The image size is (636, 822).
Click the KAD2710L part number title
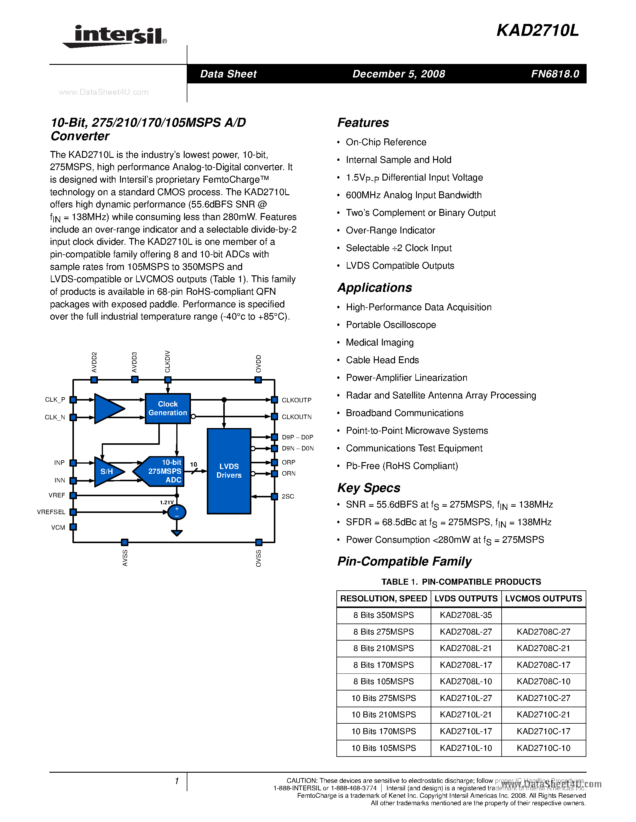tap(537, 30)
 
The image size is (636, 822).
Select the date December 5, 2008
tap(398, 74)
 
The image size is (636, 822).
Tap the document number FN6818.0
tap(555, 74)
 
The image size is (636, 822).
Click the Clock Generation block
tap(168, 408)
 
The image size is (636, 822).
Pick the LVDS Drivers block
tap(229, 471)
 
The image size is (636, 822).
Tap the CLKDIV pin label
tap(168, 361)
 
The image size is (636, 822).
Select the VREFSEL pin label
tap(51, 512)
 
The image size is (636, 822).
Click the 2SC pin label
tap(288, 496)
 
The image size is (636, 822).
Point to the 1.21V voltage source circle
tap(176, 512)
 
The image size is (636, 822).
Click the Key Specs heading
tap(368, 488)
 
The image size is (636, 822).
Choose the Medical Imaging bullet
tap(380, 343)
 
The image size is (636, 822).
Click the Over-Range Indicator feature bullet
tap(390, 230)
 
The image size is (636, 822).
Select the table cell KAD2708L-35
tap(466, 615)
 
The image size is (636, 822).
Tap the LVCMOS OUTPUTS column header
tap(543, 598)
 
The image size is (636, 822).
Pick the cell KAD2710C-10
tap(543, 748)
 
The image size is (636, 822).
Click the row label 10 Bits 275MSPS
tap(384, 698)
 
